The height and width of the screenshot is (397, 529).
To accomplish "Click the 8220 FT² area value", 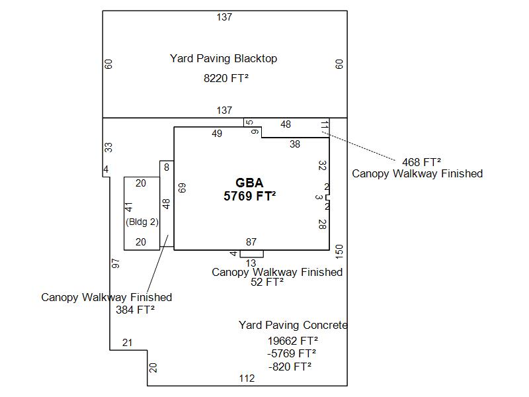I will click(226, 78).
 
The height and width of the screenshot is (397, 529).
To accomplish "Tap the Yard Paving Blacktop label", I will click(224, 58).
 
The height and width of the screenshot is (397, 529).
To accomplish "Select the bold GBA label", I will click(249, 183).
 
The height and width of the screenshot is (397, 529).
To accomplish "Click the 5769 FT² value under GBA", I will click(249, 196).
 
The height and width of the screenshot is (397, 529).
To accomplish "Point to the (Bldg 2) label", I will click(142, 222).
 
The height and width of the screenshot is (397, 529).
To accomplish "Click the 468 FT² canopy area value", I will click(421, 161).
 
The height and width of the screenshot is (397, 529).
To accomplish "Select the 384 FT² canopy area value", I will click(135, 310).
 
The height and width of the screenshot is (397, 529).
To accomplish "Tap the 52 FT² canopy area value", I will click(267, 282).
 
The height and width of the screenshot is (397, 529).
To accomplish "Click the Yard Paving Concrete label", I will click(292, 325).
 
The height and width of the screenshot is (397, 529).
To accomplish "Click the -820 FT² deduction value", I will click(290, 366).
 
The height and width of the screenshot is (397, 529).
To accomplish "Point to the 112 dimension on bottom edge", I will click(247, 378).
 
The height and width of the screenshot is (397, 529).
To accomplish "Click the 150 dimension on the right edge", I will click(339, 251).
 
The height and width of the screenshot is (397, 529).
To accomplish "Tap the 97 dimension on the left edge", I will click(116, 263).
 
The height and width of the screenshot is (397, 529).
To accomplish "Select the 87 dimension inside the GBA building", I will click(251, 242).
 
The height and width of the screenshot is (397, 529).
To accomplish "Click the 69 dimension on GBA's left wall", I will click(182, 187).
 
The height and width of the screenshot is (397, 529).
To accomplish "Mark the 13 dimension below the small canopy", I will click(251, 263).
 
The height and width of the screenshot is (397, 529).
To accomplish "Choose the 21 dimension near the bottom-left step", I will click(128, 342).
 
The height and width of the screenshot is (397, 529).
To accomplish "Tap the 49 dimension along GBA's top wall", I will click(217, 134).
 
